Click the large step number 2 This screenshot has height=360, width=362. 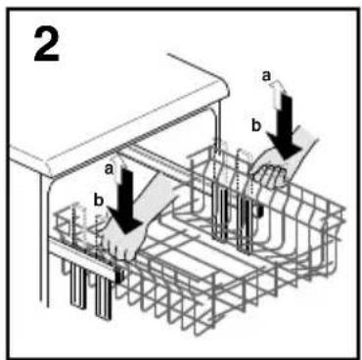point(47,46)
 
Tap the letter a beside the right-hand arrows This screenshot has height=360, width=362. point(266,76)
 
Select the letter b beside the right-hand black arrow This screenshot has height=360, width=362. point(256,125)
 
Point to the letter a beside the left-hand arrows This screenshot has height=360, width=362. point(109,169)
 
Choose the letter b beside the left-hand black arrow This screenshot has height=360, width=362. point(98,201)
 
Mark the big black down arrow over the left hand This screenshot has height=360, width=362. point(125,202)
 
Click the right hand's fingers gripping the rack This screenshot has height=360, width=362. point(271,175)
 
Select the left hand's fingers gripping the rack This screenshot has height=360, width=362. point(122,247)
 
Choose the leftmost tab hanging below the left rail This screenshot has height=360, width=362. point(78,286)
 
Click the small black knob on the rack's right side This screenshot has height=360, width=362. point(259,211)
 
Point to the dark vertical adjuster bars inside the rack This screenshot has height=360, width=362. point(232,218)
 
